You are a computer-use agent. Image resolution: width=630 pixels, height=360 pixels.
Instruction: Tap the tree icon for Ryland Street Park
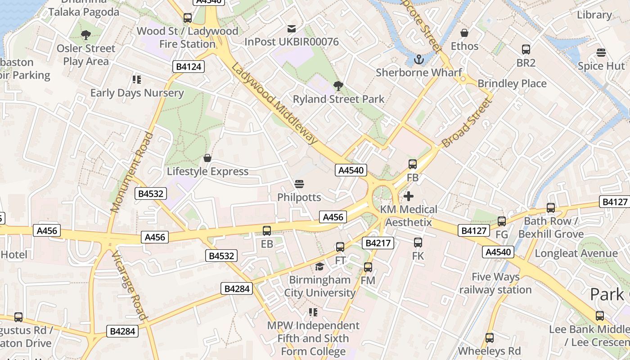click(x=338, y=85)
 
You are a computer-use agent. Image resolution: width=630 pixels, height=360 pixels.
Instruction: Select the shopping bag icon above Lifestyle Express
click(x=207, y=158)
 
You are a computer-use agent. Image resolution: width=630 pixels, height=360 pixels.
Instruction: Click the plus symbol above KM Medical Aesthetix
click(x=409, y=196)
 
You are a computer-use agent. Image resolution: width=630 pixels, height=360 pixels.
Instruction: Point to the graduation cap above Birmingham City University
click(x=319, y=266)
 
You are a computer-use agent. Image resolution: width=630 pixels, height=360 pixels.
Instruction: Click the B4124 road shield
click(x=189, y=67)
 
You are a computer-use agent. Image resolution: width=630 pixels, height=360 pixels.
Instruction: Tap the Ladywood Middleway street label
click(x=274, y=104)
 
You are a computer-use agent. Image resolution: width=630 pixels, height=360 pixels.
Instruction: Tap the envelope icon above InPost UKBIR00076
click(x=292, y=29)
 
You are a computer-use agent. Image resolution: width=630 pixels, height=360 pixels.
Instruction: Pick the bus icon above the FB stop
click(x=413, y=164)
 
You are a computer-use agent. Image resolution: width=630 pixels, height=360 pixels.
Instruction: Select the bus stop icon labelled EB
click(x=267, y=231)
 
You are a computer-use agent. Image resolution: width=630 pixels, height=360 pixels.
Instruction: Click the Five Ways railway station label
click(x=495, y=283)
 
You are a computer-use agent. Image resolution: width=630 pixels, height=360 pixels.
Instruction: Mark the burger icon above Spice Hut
click(x=601, y=53)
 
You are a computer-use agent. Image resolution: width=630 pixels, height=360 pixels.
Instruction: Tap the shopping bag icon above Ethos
click(x=464, y=33)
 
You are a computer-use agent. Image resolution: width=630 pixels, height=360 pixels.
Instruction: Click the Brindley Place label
click(x=512, y=84)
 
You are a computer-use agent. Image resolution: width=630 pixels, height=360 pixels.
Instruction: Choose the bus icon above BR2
click(x=526, y=49)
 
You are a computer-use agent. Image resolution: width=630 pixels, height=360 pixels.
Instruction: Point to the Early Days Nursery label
click(x=137, y=93)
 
